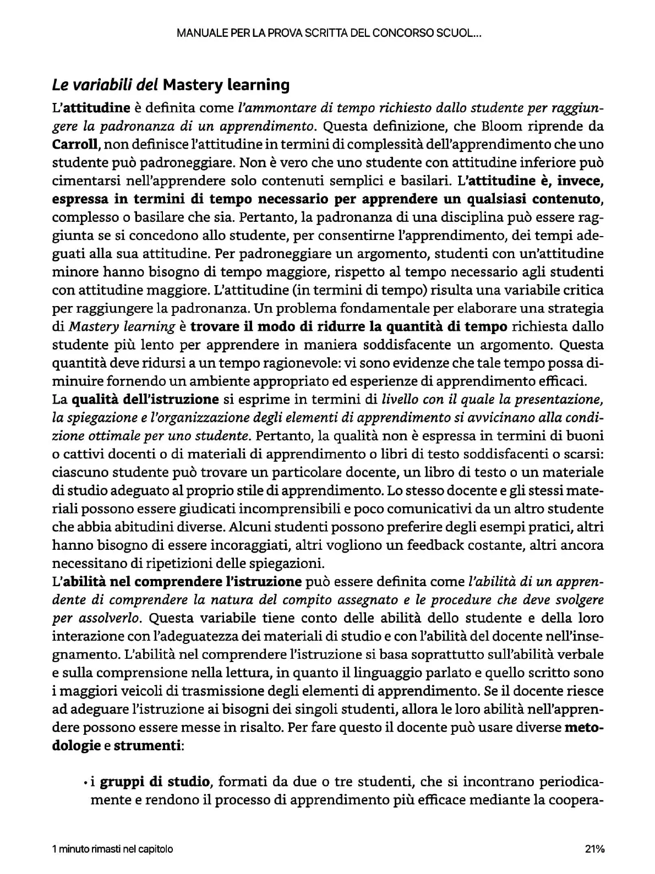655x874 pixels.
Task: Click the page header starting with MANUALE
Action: coord(329,33)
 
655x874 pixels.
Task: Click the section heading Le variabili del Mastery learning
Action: coord(171,85)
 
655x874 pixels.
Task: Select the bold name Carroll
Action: coord(75,145)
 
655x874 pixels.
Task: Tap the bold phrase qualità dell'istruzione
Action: coord(145,399)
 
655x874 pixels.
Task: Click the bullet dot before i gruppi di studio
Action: coord(86,782)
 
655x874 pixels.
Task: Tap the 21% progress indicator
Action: coord(594,849)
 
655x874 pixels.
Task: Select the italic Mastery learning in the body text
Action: coord(122,327)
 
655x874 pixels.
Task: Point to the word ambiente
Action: coord(230,381)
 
